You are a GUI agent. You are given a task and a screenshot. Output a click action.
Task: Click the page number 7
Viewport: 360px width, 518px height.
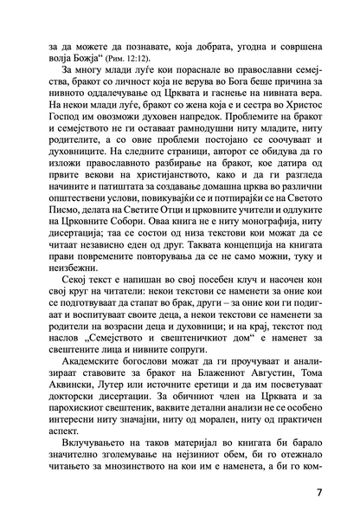pos(319,494)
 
